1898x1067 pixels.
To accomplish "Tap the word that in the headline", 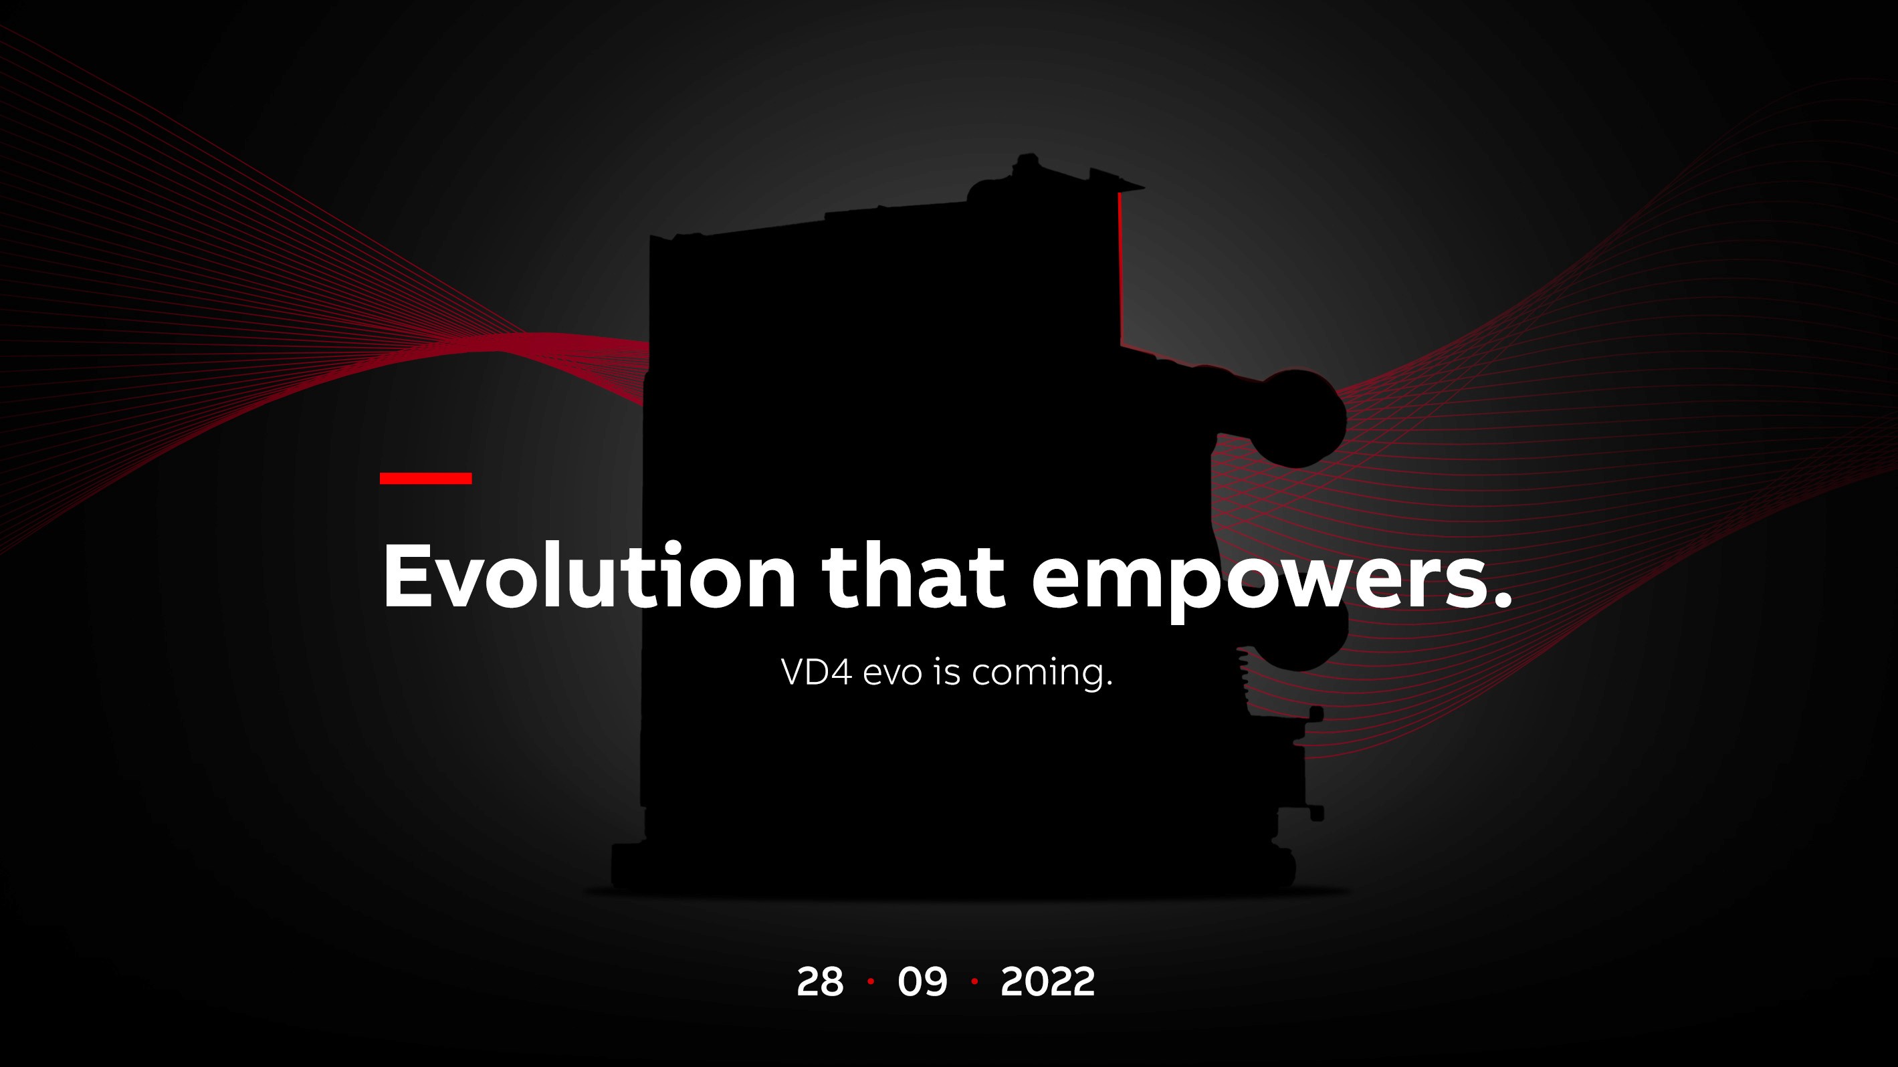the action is [914, 576].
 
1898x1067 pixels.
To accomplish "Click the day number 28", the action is [820, 981].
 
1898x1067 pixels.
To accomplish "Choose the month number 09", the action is [922, 981].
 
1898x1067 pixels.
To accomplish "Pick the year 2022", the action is [1048, 981].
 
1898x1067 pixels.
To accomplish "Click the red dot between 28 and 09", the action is [871, 981].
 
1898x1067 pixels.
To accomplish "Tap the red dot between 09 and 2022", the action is [975, 981].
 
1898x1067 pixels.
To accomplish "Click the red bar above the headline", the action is [426, 479].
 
